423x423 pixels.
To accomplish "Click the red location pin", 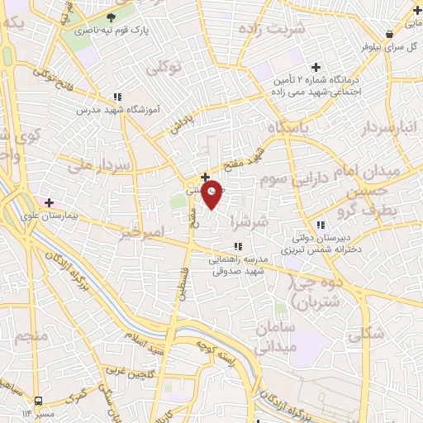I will (x=213, y=192).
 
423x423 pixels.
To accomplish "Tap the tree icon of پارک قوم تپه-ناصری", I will (x=111, y=17).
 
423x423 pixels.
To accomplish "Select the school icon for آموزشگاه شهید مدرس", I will (x=118, y=97).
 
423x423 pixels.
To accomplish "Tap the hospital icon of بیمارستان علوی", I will (x=50, y=202).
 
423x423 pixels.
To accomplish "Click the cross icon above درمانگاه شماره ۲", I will (x=315, y=67).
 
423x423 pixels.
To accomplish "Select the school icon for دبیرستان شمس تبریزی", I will (x=321, y=224).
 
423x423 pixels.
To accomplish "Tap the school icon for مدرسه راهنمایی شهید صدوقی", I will (x=238, y=245).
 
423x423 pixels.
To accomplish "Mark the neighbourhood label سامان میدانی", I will (x=276, y=337).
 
